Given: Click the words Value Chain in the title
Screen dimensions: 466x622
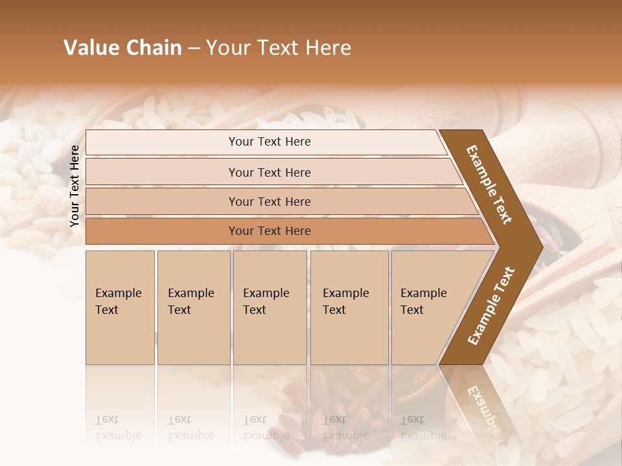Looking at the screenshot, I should [122, 48].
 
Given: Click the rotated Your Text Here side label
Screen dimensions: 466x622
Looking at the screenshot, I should [75, 186].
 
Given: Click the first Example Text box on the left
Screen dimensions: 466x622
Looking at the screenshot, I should [120, 307].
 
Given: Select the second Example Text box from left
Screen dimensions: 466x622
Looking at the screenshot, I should [194, 307].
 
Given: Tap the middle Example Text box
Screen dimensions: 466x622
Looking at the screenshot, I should [270, 307].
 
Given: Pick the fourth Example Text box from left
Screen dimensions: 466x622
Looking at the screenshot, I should [349, 307].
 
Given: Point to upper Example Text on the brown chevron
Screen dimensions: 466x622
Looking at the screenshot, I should [489, 184].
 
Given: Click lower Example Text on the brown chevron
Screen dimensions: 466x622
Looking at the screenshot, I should [490, 306].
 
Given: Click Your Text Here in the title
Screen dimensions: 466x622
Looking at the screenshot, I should [279, 48].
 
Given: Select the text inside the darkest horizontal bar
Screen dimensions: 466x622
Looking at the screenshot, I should [270, 231].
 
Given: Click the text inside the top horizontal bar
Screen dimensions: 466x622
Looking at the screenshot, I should [270, 142].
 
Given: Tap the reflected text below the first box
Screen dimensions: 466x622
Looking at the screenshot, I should [118, 428].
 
